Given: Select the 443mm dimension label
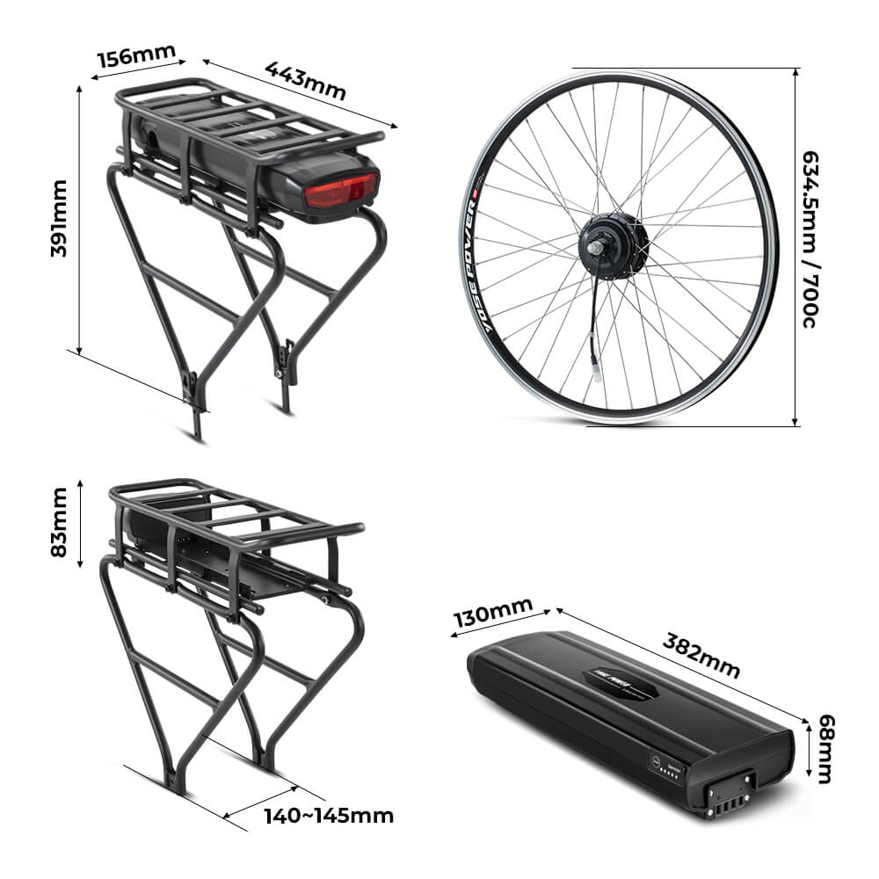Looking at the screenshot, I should [305, 80].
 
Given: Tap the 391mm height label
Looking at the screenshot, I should [59, 218].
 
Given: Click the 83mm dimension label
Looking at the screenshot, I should [59, 522].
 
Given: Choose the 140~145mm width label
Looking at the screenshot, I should [329, 816].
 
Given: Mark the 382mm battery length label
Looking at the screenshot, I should [701, 654].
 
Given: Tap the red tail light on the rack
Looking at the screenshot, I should [341, 190].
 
